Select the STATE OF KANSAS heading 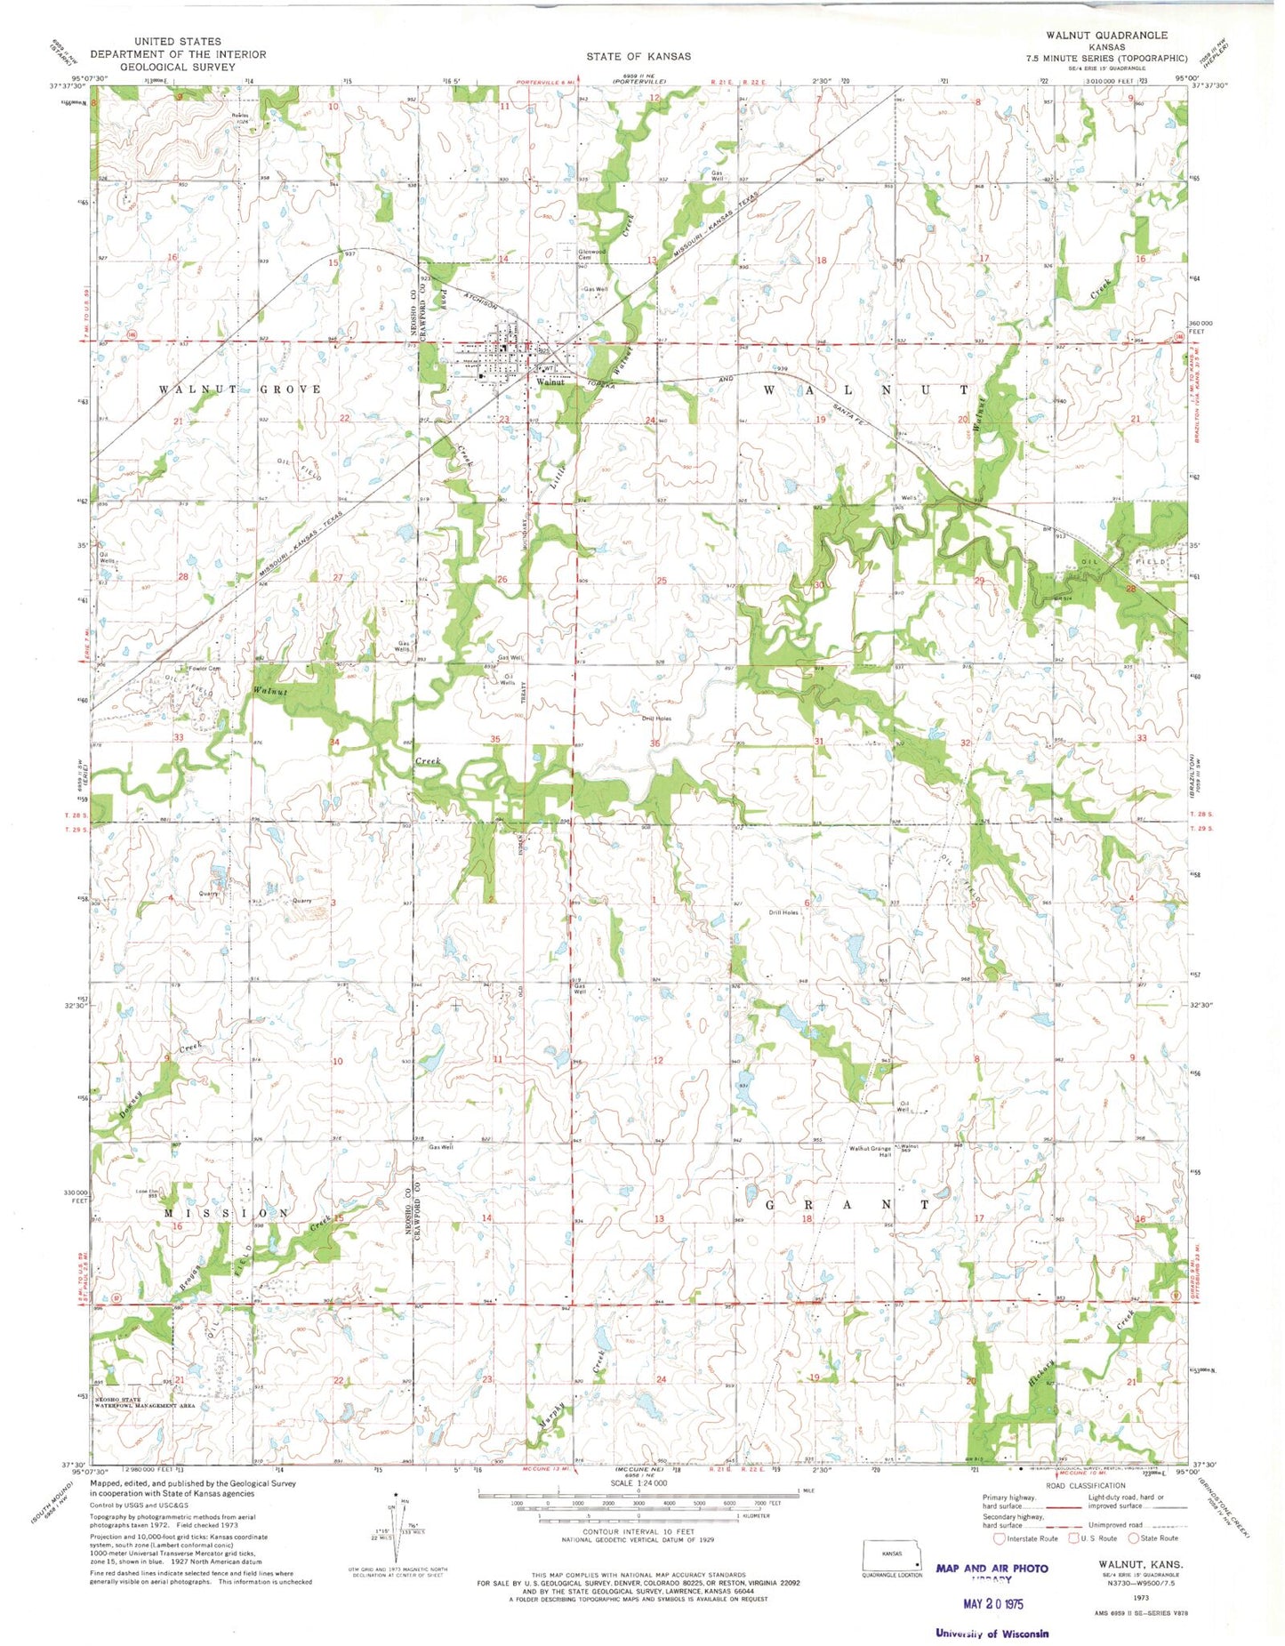(x=638, y=56)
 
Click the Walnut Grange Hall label (x=869, y=1152)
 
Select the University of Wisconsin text (x=992, y=1633)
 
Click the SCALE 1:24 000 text (x=638, y=1483)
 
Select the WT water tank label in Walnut (x=550, y=367)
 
